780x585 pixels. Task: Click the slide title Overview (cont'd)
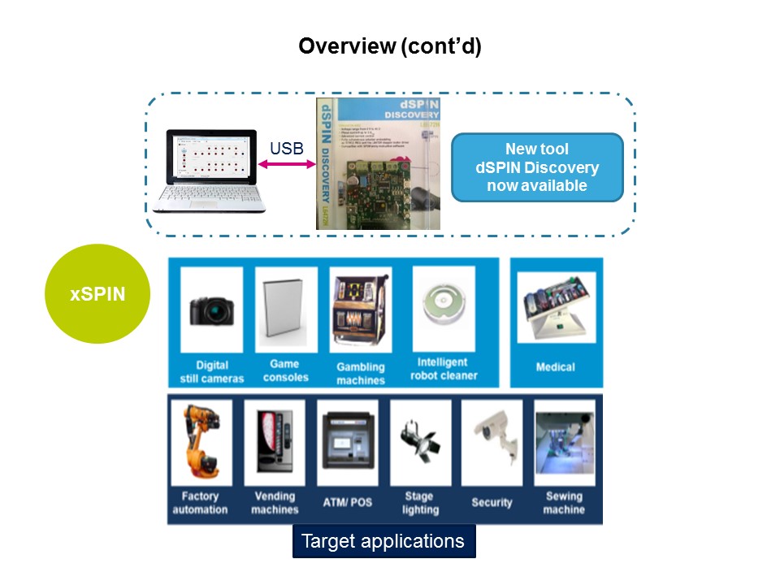tap(390, 46)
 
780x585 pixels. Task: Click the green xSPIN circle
tap(97, 293)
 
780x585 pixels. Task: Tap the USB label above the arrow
tap(286, 148)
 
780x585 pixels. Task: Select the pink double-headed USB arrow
tap(287, 164)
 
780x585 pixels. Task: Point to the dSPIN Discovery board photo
tap(378, 162)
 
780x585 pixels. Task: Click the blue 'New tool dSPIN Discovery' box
tap(537, 167)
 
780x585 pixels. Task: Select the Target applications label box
tap(383, 541)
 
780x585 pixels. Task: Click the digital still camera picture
tap(211, 309)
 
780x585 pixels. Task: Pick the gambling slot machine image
tap(360, 309)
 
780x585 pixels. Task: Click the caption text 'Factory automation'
tap(200, 503)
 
